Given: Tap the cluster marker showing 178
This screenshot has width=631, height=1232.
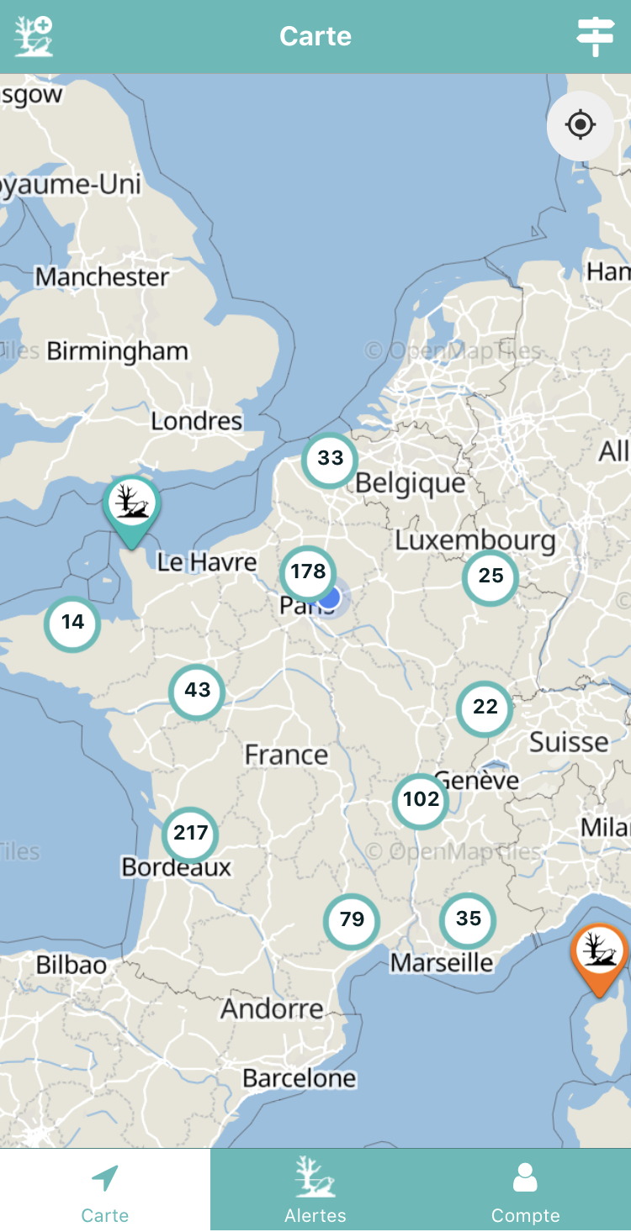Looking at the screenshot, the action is pos(308,573).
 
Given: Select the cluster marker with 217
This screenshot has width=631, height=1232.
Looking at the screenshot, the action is pos(190,834).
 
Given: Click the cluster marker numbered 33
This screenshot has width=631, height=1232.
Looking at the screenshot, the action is pos(330,459).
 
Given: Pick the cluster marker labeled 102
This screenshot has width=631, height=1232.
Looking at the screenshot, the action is pos(421,800).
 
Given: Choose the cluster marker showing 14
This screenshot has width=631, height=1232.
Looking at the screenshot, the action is pos(72,623).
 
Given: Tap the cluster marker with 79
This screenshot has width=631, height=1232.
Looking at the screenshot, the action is pos(352,920).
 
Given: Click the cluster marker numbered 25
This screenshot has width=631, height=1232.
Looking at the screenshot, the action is pos(490,577).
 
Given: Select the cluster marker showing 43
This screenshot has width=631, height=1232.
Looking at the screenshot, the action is pos(197,691).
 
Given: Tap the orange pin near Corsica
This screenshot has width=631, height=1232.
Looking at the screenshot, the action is pos(600,954).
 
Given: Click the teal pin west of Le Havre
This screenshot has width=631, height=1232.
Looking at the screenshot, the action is pos(132,507).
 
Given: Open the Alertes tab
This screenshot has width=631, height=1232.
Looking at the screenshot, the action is pos(315,1189).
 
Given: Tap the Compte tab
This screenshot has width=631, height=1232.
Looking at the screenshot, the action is pos(526,1189).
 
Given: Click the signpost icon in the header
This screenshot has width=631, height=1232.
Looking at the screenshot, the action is pos(596,36).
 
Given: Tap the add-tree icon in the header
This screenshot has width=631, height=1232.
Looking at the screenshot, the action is pos(34,36).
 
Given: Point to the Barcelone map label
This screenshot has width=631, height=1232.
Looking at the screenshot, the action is pos(300,1078).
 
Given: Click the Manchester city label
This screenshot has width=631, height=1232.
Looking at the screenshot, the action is pos(102,276).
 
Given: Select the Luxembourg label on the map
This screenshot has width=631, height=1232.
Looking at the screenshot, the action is pos(475,540).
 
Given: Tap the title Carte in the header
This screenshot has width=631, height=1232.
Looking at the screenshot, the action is pos(315,36).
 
